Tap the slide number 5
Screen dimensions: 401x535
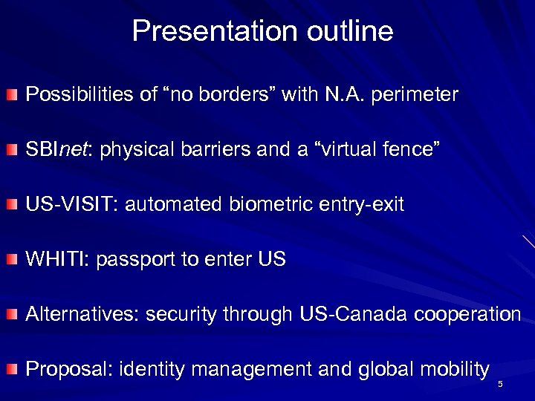[501, 383]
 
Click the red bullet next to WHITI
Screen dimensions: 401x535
[13, 261]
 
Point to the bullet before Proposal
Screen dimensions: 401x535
[13, 369]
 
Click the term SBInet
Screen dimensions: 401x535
[58, 151]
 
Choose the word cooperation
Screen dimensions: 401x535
[475, 316]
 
